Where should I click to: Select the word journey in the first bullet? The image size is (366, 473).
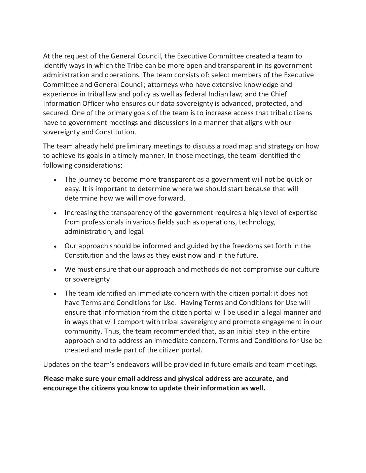[x=88, y=179]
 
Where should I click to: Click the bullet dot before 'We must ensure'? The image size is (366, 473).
[x=55, y=270]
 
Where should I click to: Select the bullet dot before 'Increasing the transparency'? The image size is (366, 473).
[x=55, y=213]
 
